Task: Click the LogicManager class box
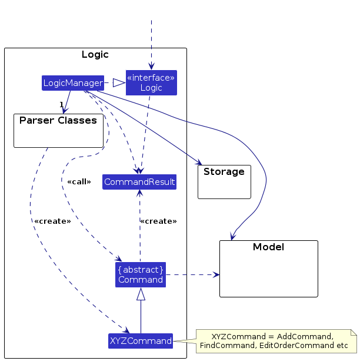coord(73,83)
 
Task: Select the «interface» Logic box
coord(151,82)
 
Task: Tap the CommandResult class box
coord(139,182)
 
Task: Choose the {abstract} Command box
coord(141,274)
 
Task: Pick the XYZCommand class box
coord(141,340)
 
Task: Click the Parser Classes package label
coord(58,121)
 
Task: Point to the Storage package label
coord(224,172)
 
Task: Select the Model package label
coord(268,247)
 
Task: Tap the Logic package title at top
coord(95,55)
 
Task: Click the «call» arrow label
coord(79,181)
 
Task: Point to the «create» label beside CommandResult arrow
coord(158,221)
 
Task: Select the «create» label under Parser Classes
coord(53,221)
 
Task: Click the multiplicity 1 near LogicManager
coord(61,105)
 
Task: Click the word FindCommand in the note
coord(222,345)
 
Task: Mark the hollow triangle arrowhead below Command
coord(141,293)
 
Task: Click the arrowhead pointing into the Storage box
coord(198,164)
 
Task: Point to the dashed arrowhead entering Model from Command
coord(216,274)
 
